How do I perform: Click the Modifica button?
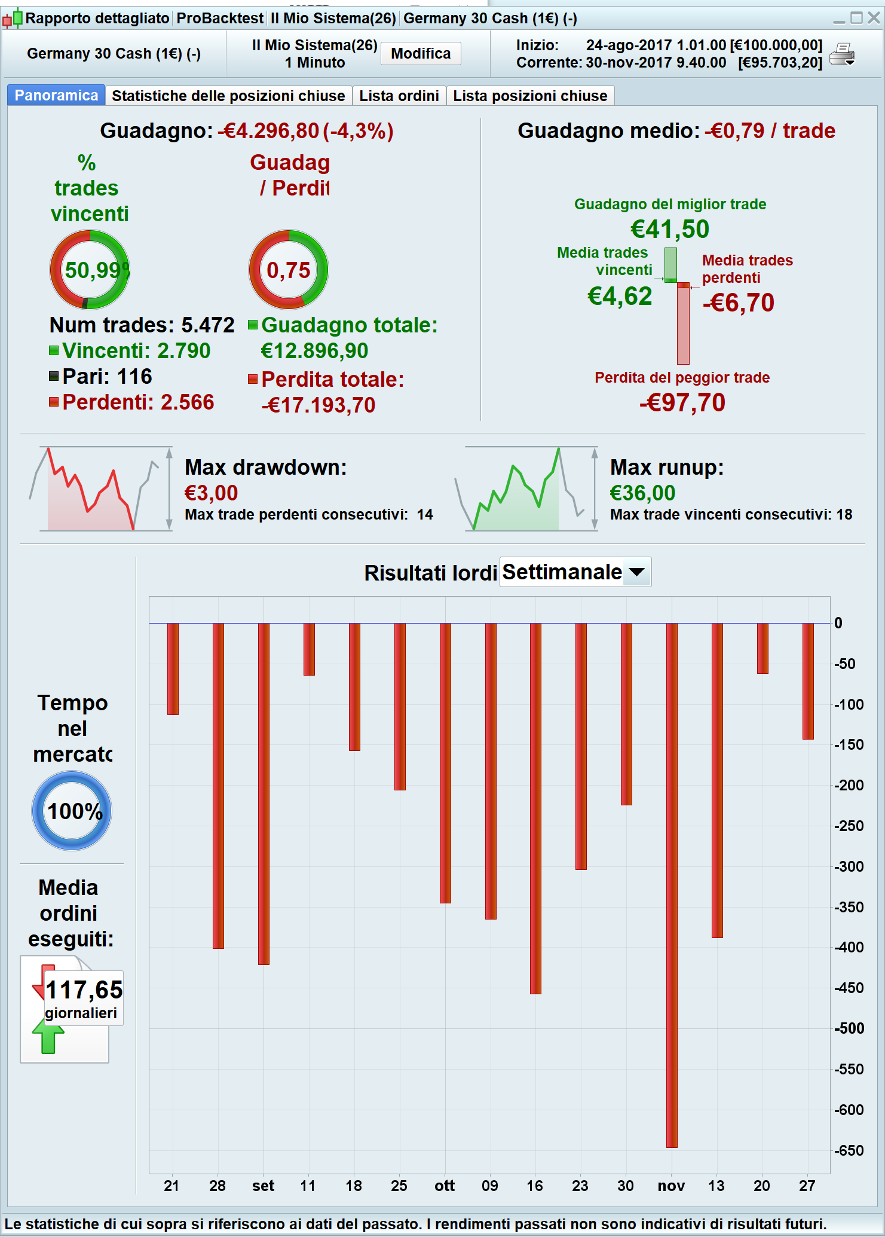tap(421, 54)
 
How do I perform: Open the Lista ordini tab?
tap(399, 96)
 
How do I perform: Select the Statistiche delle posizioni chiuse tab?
tap(228, 96)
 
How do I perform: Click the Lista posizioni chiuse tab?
tap(530, 96)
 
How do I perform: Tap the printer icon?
tap(843, 54)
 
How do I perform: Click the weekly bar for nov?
tap(672, 885)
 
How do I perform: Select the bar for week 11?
tap(309, 649)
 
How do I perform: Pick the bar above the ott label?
tap(445, 763)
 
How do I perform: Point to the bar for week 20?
tap(762, 648)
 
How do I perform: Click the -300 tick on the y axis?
tap(849, 866)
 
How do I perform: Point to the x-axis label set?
tap(263, 1186)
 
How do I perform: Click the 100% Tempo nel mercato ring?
tap(72, 811)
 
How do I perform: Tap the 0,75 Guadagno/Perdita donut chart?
tap(289, 270)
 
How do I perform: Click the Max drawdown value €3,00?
tap(211, 493)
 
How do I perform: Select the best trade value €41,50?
tap(670, 229)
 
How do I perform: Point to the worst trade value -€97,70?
tap(682, 402)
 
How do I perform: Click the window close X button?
tap(874, 18)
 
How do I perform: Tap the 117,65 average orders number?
tap(84, 990)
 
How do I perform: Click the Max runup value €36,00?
tap(642, 493)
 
